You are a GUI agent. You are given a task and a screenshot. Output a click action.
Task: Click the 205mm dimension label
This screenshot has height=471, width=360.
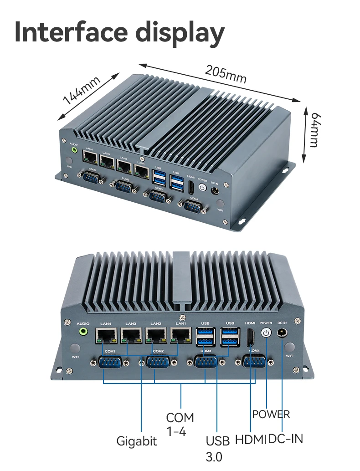click(225, 74)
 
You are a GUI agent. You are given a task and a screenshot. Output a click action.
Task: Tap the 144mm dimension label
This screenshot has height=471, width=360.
click(82, 91)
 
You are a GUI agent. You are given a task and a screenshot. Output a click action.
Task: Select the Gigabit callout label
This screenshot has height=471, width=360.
click(137, 441)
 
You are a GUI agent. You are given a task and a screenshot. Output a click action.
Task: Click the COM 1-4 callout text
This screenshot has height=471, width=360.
click(180, 424)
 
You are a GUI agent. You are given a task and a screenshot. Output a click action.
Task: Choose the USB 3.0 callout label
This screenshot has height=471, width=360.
click(217, 448)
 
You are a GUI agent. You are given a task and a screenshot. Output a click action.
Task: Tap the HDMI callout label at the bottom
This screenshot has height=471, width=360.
click(251, 440)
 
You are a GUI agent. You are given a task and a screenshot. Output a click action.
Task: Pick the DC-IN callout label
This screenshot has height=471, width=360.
click(286, 439)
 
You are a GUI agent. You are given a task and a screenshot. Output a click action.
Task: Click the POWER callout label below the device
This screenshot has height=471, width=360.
click(271, 414)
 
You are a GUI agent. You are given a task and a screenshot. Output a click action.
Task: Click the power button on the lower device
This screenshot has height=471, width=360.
click(266, 333)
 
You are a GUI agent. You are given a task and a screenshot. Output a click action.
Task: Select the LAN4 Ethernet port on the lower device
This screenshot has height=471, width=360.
click(106, 336)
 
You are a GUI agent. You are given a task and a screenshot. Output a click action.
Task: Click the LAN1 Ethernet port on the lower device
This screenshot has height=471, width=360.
click(181, 336)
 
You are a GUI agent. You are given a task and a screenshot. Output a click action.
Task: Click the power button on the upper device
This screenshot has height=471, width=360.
click(202, 187)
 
